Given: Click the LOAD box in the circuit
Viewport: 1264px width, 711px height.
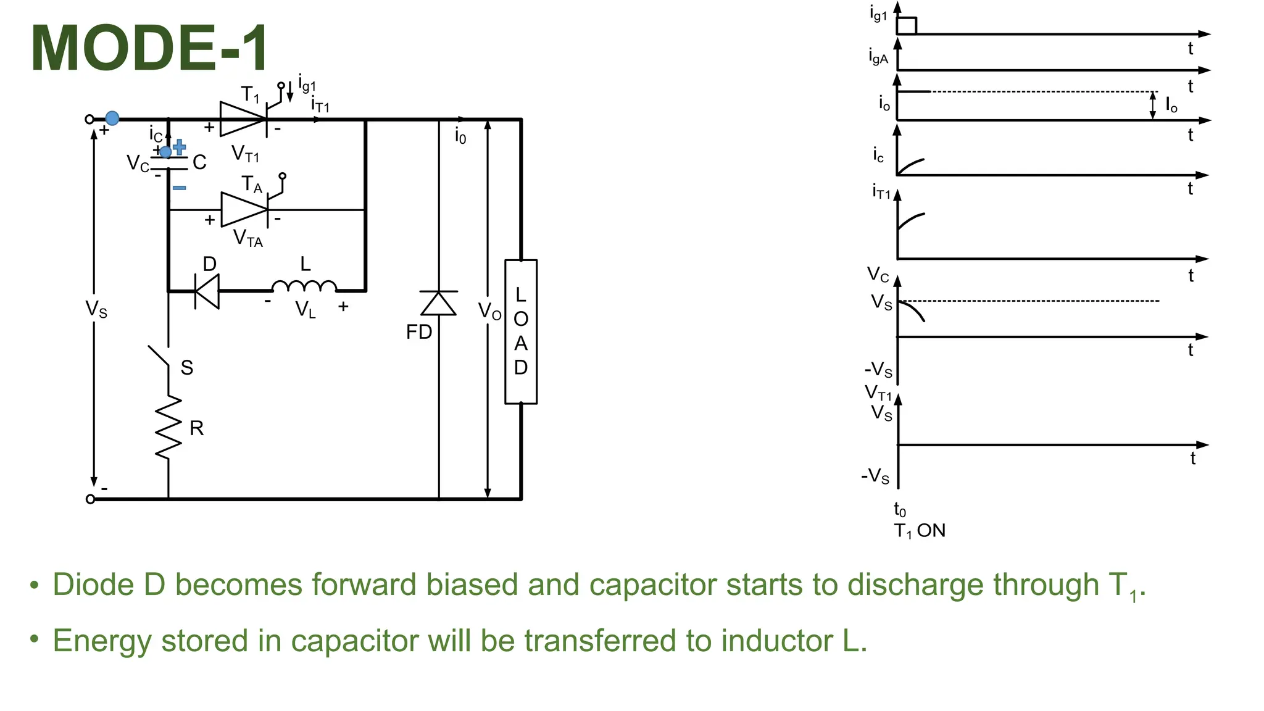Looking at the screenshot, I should coord(521,332).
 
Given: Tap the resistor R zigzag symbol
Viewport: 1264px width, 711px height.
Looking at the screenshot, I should coord(168,427).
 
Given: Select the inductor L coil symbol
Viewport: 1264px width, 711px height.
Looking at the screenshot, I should coord(304,286).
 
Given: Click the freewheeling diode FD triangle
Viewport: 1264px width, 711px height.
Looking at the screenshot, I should coord(439,303).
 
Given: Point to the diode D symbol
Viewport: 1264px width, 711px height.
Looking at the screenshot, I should coord(207,290).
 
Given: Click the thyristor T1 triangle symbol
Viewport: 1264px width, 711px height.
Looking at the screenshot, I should coord(243,119).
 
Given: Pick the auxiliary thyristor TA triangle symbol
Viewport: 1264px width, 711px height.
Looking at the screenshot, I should coord(244,210).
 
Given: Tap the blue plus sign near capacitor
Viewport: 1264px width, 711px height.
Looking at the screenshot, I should coord(180,147).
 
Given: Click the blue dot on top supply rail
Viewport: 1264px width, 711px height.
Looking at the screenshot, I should coord(112,118).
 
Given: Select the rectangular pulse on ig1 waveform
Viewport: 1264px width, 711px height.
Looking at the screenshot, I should coord(907,26).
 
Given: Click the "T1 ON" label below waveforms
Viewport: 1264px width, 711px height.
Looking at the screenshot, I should coord(920,531).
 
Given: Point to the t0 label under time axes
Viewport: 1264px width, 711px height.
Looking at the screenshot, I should coord(900,510).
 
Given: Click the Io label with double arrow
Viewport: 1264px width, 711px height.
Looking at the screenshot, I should coord(1171,105).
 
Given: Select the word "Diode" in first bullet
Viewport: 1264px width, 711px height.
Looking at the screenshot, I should coord(93,584).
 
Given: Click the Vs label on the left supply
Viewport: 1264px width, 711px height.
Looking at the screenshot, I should coord(96,309).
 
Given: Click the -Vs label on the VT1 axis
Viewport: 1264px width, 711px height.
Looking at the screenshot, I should coord(875,476).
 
